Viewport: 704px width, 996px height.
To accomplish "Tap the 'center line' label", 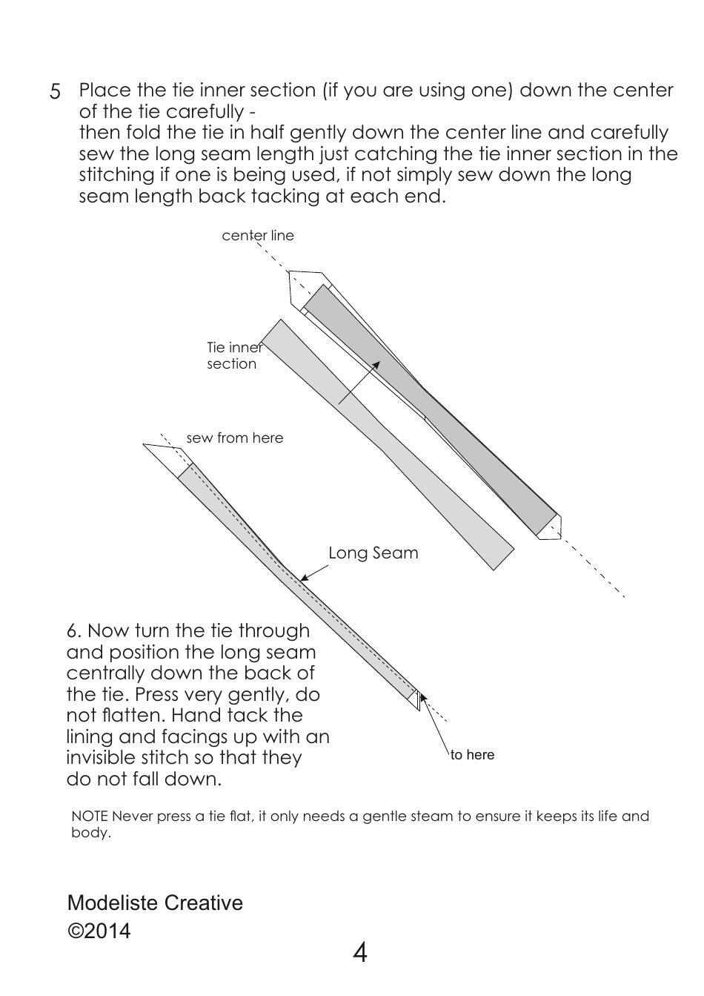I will pos(258,236).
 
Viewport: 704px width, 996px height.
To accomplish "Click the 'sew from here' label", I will pos(234,438).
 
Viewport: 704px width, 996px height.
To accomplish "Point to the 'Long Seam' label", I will pos(373,553).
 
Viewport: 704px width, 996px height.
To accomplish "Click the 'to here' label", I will pos(472,755).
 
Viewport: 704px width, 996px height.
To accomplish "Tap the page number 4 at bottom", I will pos(359,952).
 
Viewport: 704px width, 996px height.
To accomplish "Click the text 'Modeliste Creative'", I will pos(155,903).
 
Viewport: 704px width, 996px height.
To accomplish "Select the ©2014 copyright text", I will pos(99,931).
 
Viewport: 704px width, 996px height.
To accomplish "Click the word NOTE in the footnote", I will pos(90,817).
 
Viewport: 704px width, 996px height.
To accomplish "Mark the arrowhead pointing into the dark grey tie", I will pos(376,364).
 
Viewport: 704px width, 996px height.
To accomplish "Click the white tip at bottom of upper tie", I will pos(549,527).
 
